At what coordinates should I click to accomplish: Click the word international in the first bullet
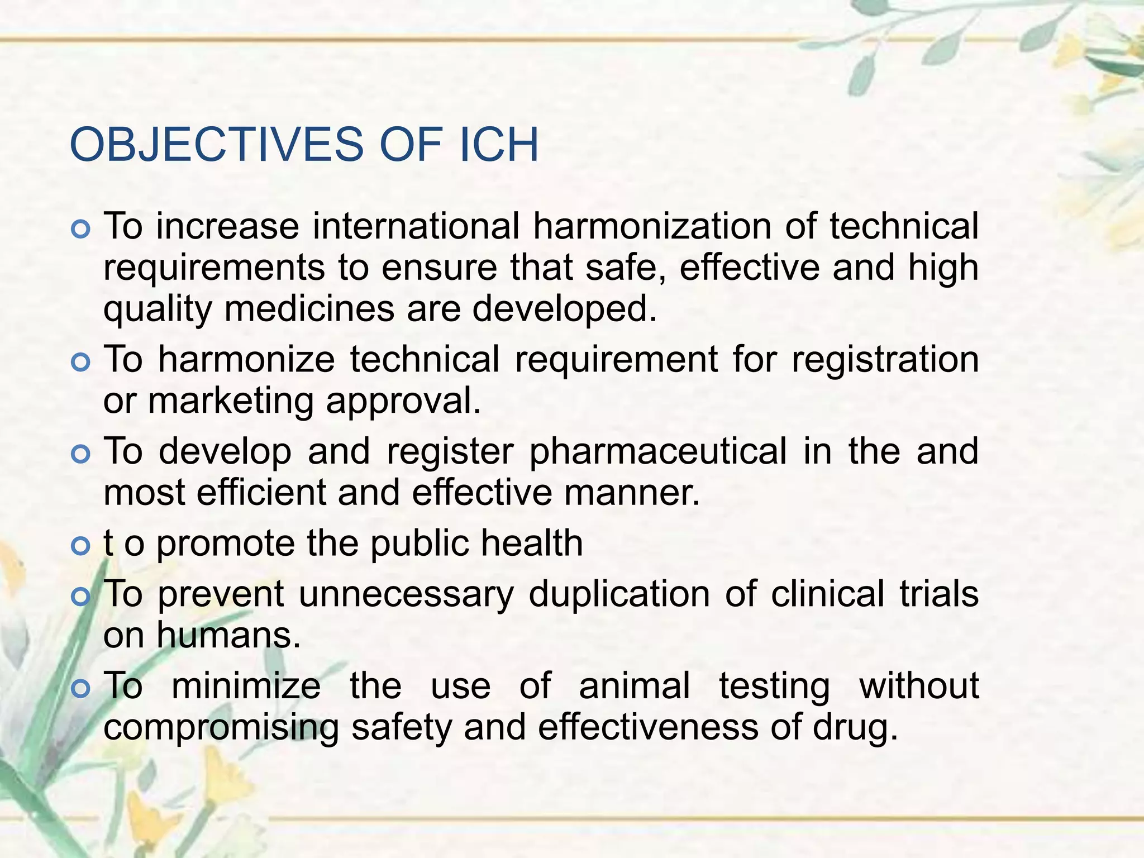pos(416,226)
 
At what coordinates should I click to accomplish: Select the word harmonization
pos(653,226)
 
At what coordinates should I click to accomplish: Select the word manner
pos(632,493)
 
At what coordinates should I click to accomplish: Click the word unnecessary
pos(406,593)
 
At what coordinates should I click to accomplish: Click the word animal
pos(635,685)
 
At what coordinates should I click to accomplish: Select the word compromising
pos(221,728)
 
